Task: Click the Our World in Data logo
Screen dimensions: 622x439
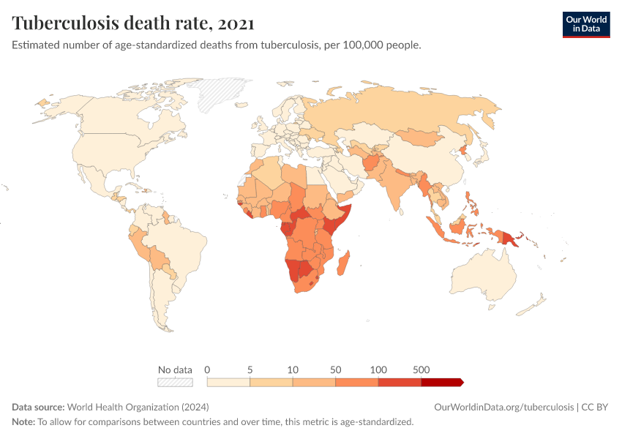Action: (586, 25)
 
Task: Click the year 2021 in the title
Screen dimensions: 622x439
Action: (236, 23)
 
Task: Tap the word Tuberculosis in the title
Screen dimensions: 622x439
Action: (65, 23)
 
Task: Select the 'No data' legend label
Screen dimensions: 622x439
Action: (175, 369)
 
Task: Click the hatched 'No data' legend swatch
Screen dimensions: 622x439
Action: (176, 382)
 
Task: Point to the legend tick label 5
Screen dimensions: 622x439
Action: (250, 369)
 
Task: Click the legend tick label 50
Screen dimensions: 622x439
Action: (336, 369)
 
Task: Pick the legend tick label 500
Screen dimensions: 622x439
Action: (421, 369)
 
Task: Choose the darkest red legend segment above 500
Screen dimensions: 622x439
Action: (442, 382)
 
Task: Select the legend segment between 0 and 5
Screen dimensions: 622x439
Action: (228, 382)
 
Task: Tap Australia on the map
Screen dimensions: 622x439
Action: (484, 276)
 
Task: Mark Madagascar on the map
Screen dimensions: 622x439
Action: (343, 263)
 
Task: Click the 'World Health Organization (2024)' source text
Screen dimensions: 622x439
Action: (138, 408)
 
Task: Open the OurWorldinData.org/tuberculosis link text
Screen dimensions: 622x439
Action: (503, 408)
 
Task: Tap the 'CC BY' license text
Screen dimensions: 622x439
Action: (595, 408)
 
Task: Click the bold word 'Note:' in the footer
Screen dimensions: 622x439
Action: (23, 421)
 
